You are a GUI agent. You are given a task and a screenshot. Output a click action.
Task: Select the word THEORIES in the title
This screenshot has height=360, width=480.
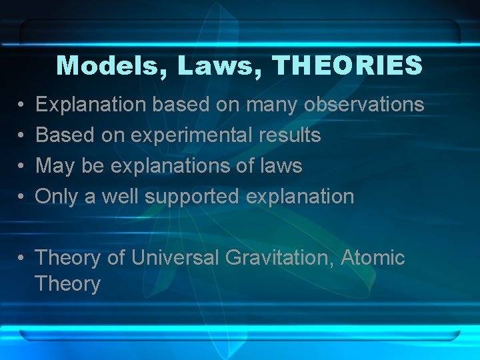(348, 65)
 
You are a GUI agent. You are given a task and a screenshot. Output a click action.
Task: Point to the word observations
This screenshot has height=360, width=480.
(364, 105)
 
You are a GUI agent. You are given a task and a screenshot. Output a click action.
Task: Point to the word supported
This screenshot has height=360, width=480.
(193, 197)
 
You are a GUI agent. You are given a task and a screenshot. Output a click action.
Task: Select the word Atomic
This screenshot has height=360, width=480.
(373, 257)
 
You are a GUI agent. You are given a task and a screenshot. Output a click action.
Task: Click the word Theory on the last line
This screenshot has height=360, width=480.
(67, 284)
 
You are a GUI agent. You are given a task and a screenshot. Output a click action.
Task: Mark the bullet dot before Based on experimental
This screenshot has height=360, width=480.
(22, 136)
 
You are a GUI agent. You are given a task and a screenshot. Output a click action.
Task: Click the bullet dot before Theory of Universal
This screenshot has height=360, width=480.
(22, 258)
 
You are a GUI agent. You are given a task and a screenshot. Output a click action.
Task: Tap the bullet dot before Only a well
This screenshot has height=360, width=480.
(22, 197)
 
